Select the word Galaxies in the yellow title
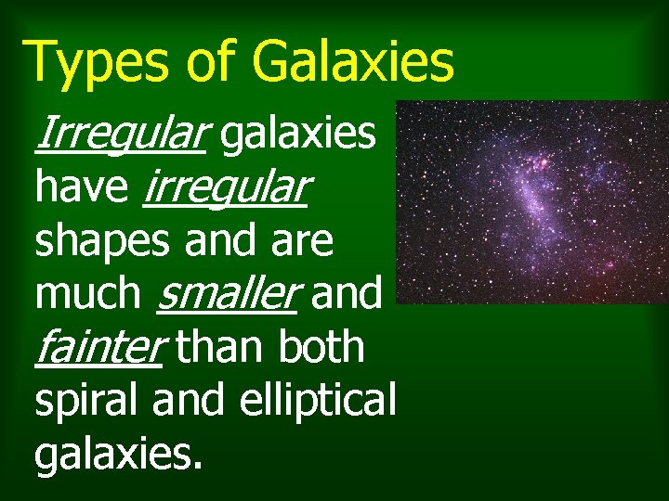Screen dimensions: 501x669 pyautogui.click(x=350, y=61)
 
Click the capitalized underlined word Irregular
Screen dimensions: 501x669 pyautogui.click(x=118, y=135)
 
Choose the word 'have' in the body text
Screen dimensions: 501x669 pyautogui.click(x=83, y=188)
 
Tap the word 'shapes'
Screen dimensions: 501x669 pyautogui.click(x=103, y=241)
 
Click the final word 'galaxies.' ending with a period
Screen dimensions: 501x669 pyautogui.click(x=118, y=453)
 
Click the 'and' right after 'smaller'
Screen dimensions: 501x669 pyautogui.click(x=347, y=294)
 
